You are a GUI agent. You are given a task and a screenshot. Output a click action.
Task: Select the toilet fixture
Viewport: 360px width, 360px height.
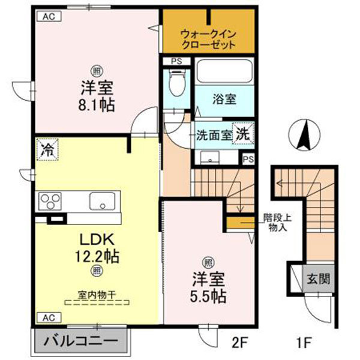[177, 84]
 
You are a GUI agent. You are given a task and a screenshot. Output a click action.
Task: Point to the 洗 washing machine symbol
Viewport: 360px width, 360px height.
[243, 133]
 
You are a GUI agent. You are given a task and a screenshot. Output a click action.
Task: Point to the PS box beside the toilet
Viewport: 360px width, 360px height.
[176, 61]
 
